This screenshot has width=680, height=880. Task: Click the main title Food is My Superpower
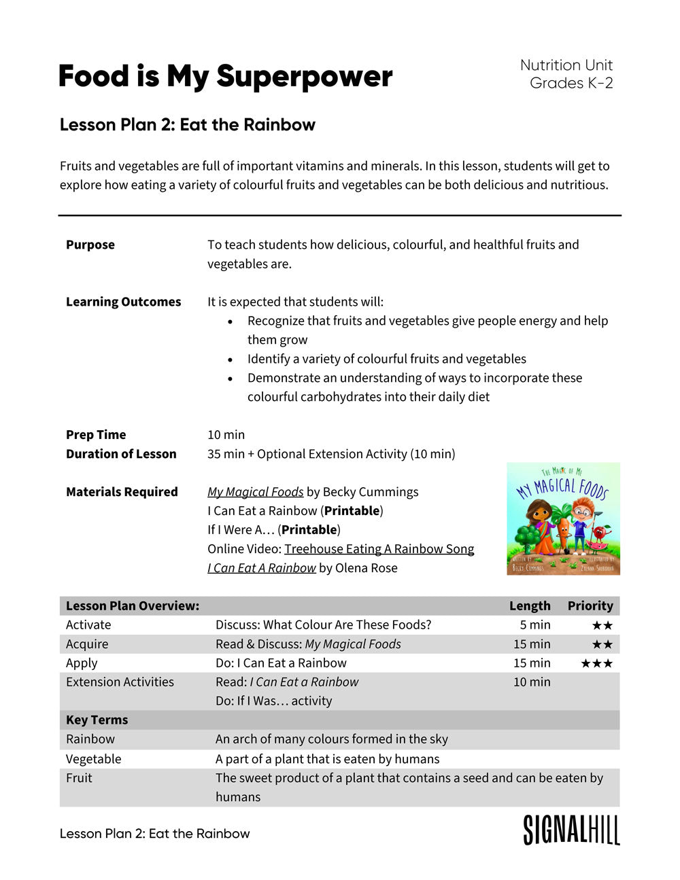click(x=225, y=76)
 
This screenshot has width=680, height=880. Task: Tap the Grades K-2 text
click(x=571, y=83)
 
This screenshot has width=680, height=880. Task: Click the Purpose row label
click(x=90, y=245)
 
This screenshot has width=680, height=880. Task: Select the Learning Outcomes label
click(x=123, y=302)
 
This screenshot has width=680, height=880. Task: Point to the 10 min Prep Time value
click(x=226, y=435)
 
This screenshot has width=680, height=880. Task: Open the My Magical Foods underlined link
click(x=255, y=492)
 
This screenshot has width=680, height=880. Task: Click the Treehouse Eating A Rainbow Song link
click(x=379, y=549)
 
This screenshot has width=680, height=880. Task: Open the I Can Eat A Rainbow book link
click(x=261, y=568)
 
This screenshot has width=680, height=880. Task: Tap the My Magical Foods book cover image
click(x=563, y=518)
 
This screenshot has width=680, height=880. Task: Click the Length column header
click(x=530, y=606)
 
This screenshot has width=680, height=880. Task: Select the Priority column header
click(x=590, y=606)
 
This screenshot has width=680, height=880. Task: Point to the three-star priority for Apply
click(x=596, y=663)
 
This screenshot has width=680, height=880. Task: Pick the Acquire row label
click(x=87, y=644)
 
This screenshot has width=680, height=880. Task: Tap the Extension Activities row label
click(x=120, y=682)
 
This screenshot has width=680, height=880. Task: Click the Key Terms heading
click(x=97, y=720)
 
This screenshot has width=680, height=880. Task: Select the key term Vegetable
click(x=93, y=759)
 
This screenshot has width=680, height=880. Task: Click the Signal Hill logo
click(x=571, y=830)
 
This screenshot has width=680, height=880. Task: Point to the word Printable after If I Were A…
click(x=309, y=530)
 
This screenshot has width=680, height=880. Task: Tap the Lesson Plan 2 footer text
click(x=154, y=834)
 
